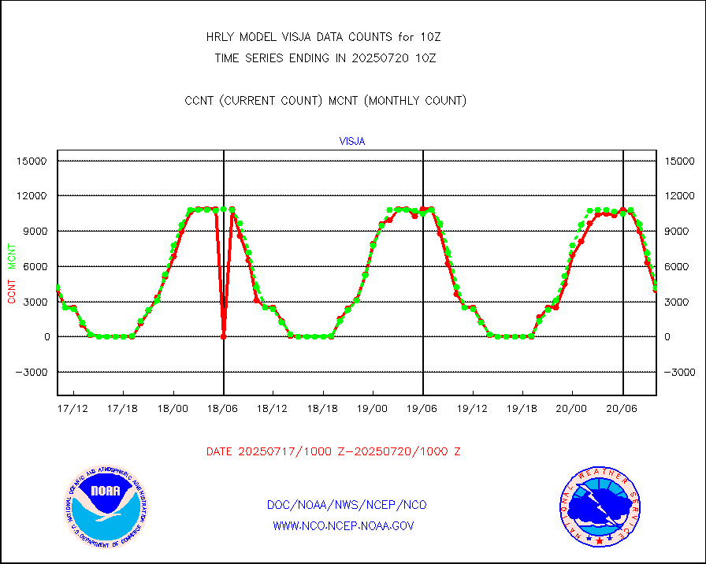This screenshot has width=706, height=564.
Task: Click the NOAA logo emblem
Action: [105, 506]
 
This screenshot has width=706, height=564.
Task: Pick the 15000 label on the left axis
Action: [32, 161]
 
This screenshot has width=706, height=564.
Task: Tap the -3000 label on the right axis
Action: [682, 372]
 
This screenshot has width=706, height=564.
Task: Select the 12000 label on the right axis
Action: [682, 196]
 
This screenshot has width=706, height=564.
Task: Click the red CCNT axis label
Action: [12, 289]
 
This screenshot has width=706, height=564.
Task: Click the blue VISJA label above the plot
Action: [352, 142]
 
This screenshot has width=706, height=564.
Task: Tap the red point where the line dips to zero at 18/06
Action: [224, 336]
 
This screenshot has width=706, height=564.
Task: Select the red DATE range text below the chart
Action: [333, 451]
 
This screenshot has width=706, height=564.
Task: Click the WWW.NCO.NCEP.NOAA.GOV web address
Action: [344, 525]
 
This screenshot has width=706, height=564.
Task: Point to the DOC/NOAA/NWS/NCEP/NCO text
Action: [347, 505]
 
